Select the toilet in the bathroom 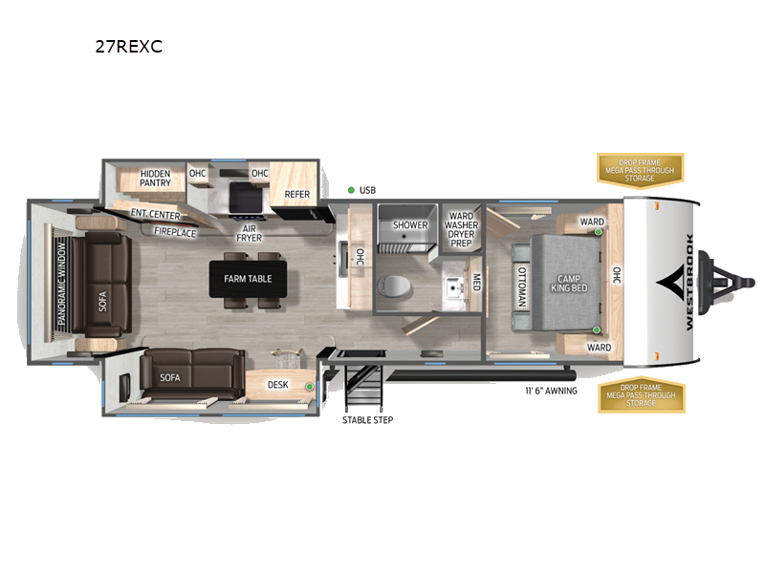(392, 285)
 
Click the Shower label (410, 225)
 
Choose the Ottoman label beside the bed (522, 283)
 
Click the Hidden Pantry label (155, 179)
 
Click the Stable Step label (367, 419)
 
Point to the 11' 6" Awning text (550, 391)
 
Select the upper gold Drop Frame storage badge (641, 168)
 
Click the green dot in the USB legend (351, 190)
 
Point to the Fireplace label (175, 232)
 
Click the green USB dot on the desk (309, 386)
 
